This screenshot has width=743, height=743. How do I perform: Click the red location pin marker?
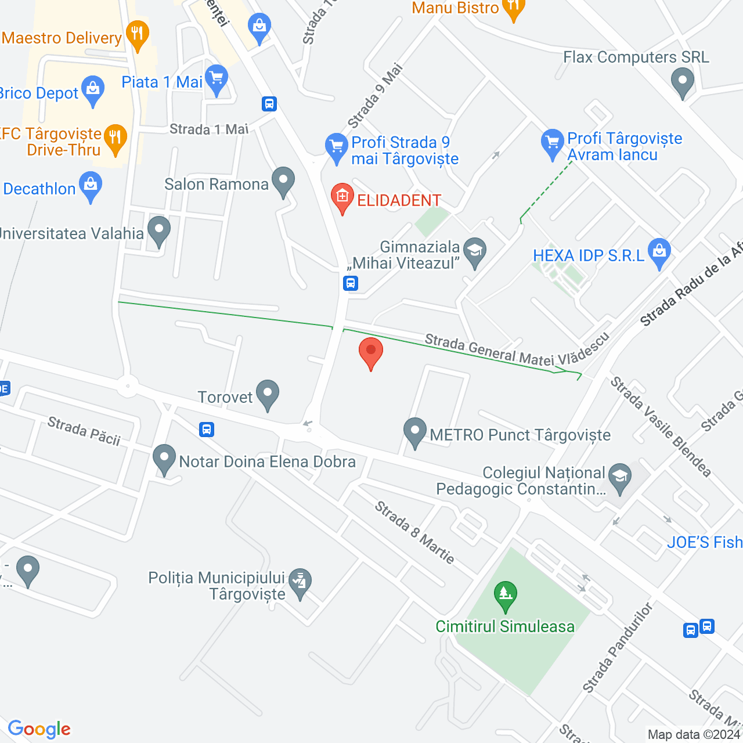(370, 352)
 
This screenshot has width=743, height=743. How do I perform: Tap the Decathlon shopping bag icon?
(91, 186)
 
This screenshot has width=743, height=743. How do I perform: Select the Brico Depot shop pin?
(93, 90)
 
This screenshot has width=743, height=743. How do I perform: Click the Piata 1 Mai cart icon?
(217, 78)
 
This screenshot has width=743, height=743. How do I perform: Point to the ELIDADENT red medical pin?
(342, 197)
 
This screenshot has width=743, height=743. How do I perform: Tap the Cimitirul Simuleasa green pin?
(506, 595)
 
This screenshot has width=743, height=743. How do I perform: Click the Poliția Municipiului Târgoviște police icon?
(300, 582)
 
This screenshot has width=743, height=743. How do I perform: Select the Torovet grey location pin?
(268, 394)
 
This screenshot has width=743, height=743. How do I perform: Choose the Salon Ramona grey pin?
(283, 181)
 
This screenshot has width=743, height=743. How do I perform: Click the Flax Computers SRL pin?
(682, 82)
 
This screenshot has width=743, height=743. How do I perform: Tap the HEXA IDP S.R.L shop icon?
(659, 252)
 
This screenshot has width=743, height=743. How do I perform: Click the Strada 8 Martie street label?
(414, 532)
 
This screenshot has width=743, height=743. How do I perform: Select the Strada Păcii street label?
(84, 431)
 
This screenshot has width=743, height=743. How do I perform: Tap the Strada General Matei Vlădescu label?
(517, 351)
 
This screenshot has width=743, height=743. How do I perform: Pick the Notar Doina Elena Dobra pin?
(164, 459)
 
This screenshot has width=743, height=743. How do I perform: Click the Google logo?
(39, 729)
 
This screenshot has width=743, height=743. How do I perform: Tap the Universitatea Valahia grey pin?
(158, 230)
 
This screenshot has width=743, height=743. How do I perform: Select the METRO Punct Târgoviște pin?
(415, 432)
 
